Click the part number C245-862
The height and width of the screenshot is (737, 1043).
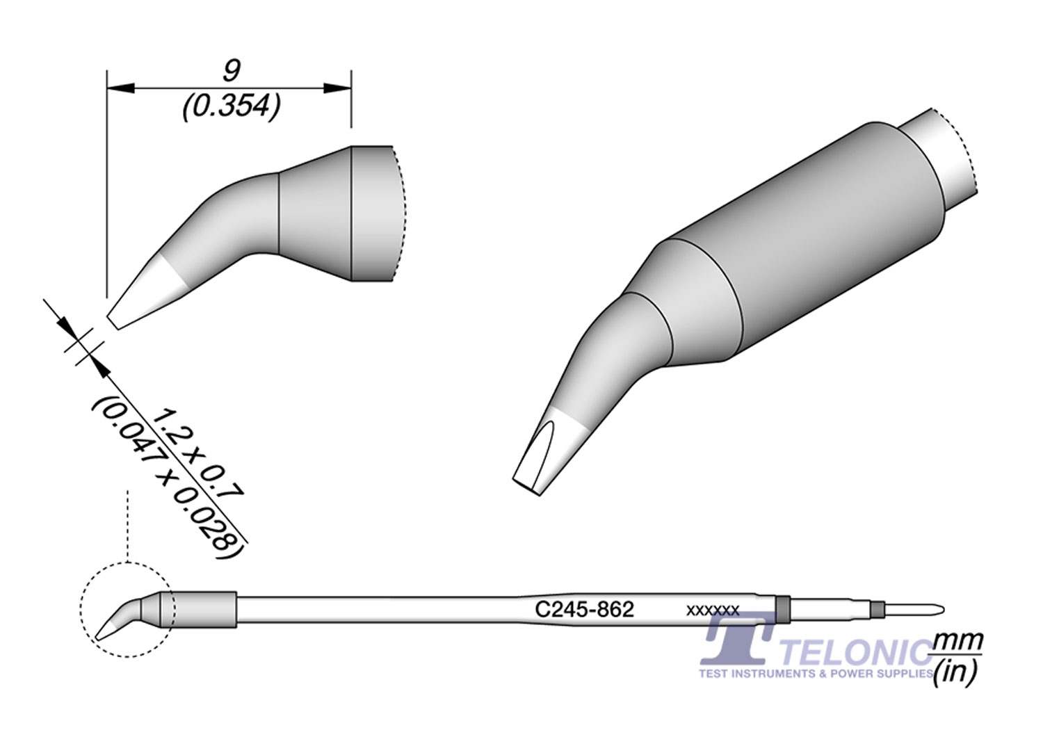[x=584, y=610]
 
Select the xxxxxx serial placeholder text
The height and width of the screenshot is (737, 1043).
[x=712, y=611]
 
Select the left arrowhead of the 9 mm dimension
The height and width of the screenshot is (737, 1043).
[x=118, y=88]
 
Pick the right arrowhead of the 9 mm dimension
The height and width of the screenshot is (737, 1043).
[x=339, y=88]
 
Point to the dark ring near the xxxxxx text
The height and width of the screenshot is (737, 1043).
[x=783, y=610]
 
